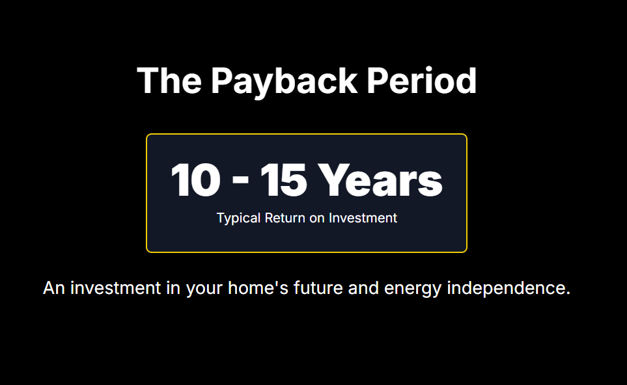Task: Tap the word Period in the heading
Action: click(x=421, y=81)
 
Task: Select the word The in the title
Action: click(x=169, y=81)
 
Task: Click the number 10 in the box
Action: click(x=196, y=180)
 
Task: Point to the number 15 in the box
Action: click(x=284, y=180)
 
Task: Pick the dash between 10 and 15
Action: click(x=240, y=179)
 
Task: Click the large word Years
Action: click(x=380, y=180)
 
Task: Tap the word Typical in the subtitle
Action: click(x=239, y=219)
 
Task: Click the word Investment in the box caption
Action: click(x=363, y=218)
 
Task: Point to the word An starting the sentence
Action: click(x=54, y=288)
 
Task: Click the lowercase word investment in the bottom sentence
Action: click(x=115, y=288)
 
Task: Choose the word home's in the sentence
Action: click(x=258, y=288)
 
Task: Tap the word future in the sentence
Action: click(x=318, y=288)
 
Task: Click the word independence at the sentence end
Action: click(x=505, y=289)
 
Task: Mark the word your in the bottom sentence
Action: click(x=204, y=290)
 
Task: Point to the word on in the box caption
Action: click(x=316, y=219)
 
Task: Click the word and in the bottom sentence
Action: click(x=363, y=288)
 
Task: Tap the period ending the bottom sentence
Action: click(x=568, y=293)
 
